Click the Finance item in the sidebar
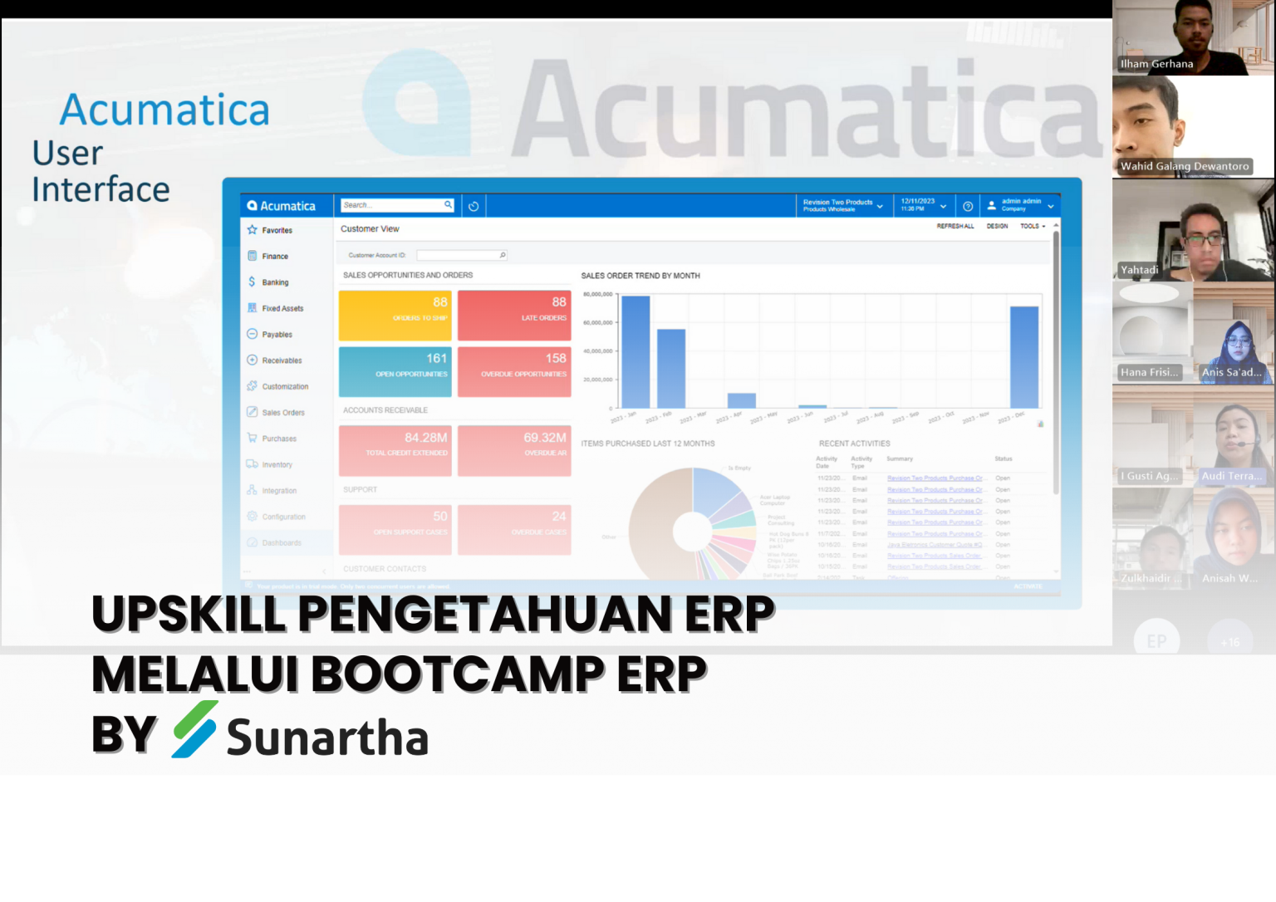275,256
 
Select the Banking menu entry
275,282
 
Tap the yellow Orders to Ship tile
395,315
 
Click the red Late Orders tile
514,315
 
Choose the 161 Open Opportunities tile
395,371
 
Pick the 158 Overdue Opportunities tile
514,371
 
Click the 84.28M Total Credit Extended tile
395,450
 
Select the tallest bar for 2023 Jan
636,351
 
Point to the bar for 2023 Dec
1024,357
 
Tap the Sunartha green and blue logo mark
194,729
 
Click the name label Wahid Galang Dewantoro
1184,166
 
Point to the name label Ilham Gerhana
1156,64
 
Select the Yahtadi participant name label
1139,270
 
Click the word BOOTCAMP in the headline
458,674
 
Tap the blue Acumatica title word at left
164,110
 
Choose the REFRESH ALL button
955,226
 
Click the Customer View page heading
370,229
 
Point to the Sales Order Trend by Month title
640,276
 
